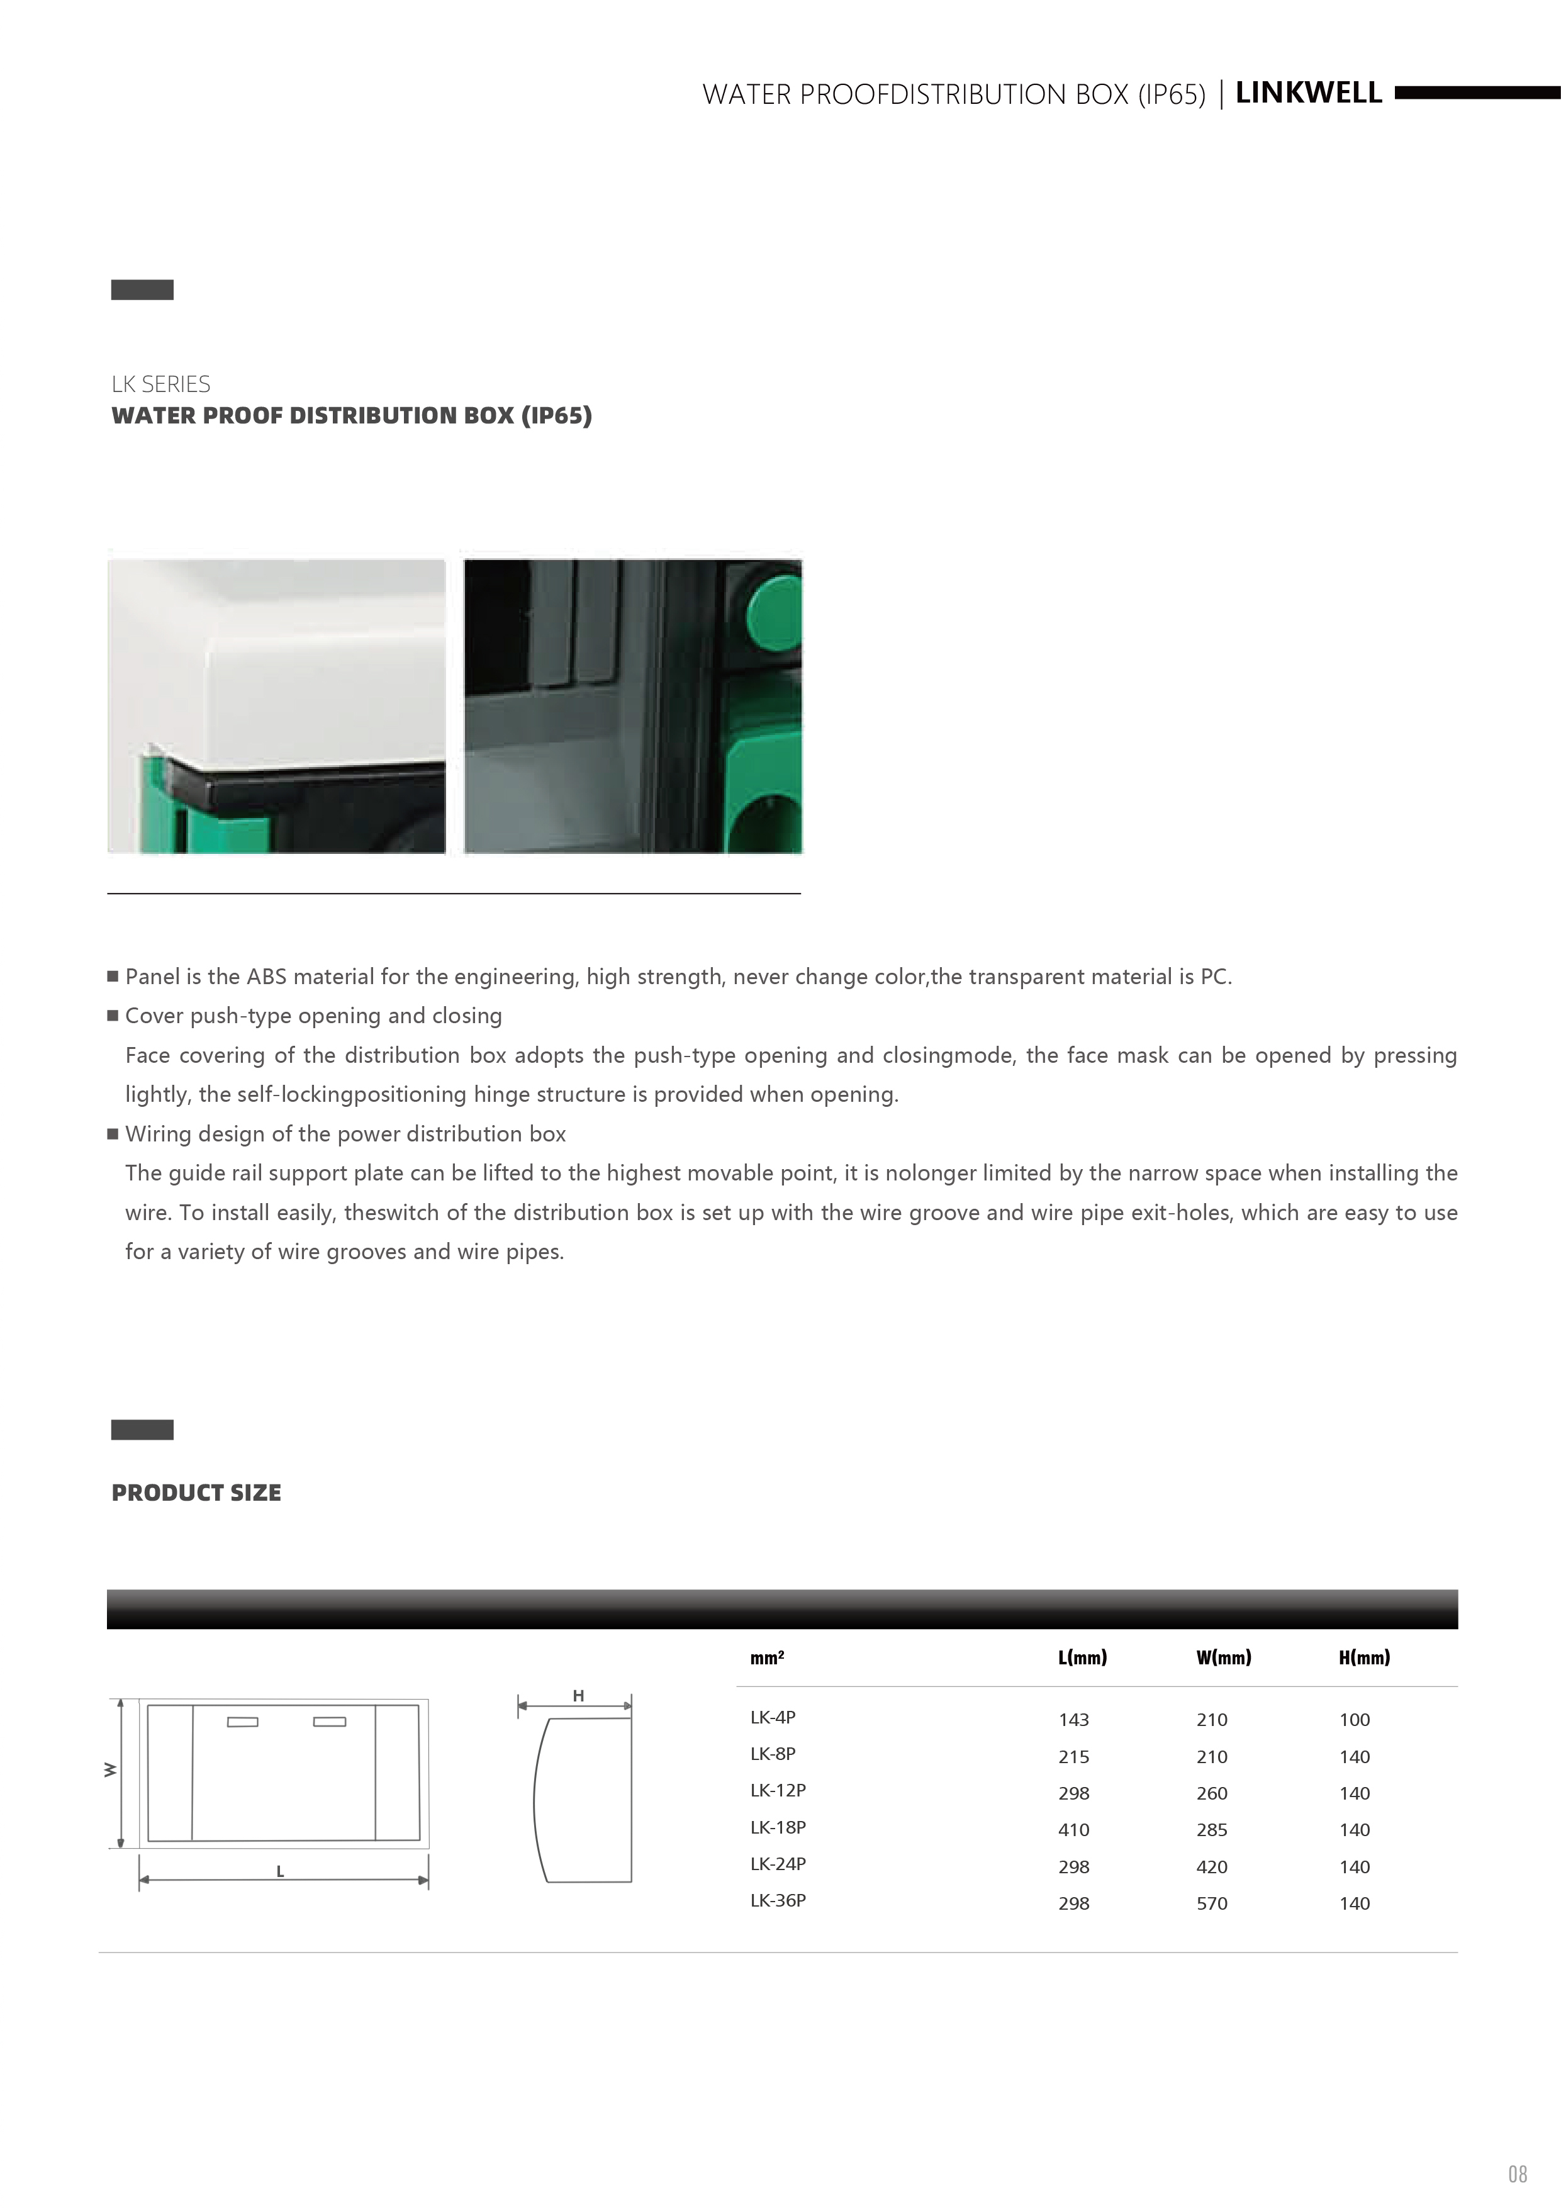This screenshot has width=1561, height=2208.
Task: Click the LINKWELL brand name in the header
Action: (1308, 93)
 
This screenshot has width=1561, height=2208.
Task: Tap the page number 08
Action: (1517, 2173)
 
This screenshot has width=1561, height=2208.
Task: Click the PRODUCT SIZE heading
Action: (196, 1493)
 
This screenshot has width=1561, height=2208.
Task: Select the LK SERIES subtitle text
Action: (160, 384)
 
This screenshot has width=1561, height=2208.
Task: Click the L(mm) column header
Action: (1082, 1657)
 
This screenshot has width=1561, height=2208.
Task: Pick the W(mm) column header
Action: (1223, 1657)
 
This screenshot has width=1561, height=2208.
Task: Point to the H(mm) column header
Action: (1364, 1657)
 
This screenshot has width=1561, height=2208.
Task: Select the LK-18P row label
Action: (777, 1827)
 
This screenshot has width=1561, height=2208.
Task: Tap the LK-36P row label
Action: (777, 1900)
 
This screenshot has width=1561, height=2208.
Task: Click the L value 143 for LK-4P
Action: (1073, 1720)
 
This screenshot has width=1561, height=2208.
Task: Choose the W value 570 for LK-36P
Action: (1212, 1903)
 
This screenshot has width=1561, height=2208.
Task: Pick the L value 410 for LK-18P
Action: (1073, 1830)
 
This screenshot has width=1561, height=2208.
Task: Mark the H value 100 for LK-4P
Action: (1354, 1720)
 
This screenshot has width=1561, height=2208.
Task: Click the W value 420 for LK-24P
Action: (1212, 1866)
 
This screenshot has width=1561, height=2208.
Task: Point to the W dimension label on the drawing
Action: (111, 1769)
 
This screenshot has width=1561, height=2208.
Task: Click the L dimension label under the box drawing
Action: (280, 1871)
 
